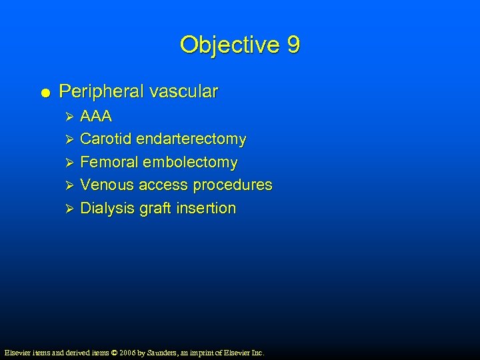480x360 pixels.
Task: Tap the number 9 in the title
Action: [293, 45]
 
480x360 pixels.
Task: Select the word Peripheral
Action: [101, 91]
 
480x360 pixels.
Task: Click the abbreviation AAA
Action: [96, 117]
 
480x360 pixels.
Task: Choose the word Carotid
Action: [105, 139]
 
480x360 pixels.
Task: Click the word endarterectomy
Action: [191, 139]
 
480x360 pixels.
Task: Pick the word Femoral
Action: [108, 162]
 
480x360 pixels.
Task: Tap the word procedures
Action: [233, 185]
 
